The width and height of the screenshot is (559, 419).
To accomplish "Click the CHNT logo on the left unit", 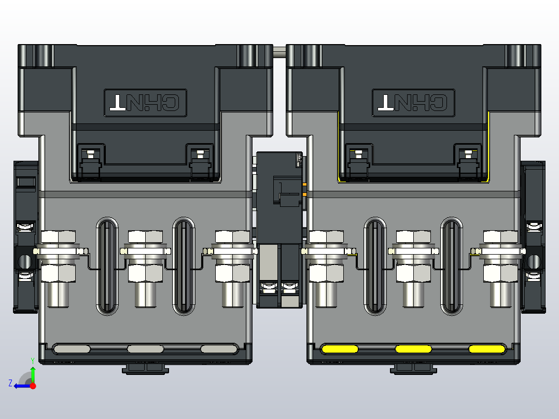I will coord(145,102).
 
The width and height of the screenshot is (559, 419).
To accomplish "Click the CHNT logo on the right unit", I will coord(413,102).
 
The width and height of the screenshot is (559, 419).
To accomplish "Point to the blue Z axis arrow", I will coord(21,385).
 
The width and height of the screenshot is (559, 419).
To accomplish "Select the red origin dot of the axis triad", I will coord(33,386).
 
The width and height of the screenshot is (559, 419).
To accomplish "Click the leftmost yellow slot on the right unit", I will coord(340,348).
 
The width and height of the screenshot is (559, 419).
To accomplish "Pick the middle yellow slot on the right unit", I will coord(413,348).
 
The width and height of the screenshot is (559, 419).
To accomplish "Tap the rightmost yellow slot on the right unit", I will coord(487,348).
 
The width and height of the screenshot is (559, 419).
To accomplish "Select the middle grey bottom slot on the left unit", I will coord(145,348).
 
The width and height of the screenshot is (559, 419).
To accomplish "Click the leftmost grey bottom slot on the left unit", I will coord(72,348).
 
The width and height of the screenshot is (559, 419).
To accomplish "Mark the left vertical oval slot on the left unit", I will coord(107,266).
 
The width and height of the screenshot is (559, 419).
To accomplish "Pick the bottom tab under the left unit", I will coord(146,368).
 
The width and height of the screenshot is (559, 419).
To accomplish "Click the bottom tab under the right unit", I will coord(413,368).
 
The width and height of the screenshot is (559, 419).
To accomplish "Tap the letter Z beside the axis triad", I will coord(10,383).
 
